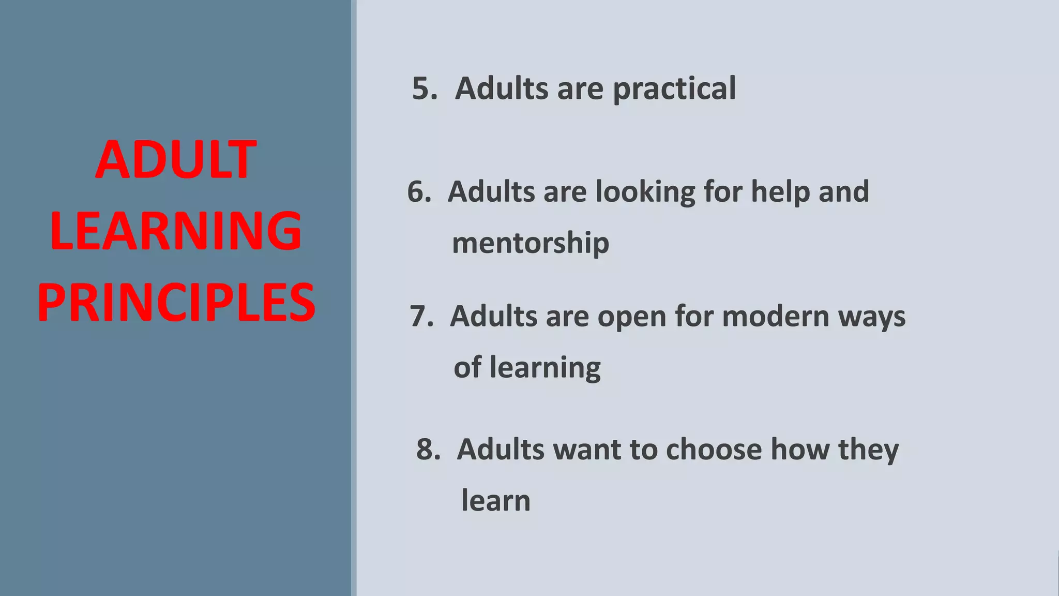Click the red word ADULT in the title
coord(176,160)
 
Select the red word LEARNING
coord(176,231)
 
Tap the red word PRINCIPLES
coord(176,303)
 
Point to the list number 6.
coord(419,192)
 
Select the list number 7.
coord(421,316)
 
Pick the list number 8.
coord(428,449)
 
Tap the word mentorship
coord(531,244)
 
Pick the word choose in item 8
coord(714,449)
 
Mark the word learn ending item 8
coord(496,501)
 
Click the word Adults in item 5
coord(501,88)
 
